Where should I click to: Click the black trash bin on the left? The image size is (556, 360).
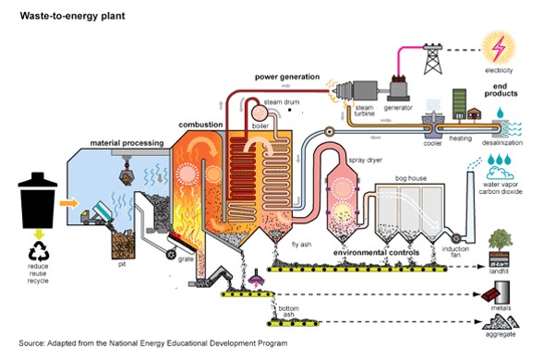(x=38, y=201)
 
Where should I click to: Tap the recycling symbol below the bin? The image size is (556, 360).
(x=38, y=249)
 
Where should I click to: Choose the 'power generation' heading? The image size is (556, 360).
(x=288, y=77)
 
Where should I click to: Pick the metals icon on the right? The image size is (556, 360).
(x=500, y=295)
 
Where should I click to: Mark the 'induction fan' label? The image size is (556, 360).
(x=453, y=252)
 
